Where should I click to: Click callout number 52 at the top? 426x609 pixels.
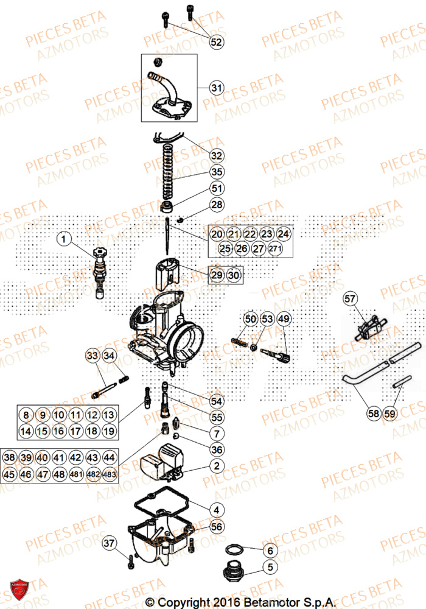[217, 42]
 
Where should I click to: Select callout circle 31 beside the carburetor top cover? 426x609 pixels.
[217, 88]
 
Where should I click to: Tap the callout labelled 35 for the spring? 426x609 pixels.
[217, 172]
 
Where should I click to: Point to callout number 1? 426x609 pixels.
[66, 239]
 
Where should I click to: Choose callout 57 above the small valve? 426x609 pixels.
[350, 298]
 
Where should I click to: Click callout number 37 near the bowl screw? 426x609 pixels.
[108, 543]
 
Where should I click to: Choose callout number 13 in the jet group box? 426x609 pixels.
[108, 415]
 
